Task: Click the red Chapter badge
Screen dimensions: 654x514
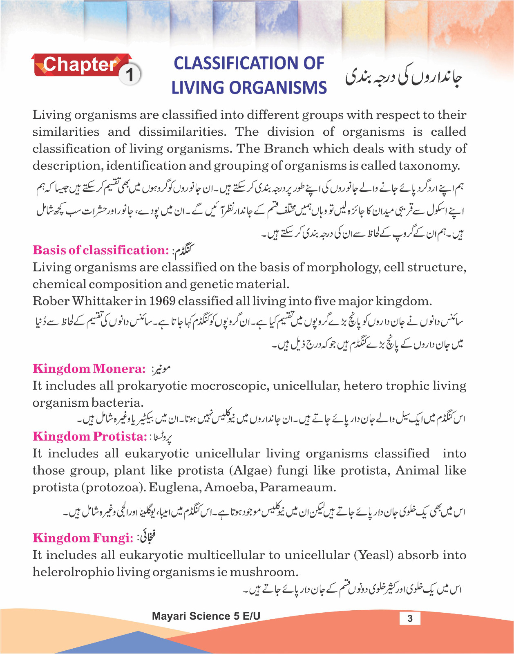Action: [x=80, y=65]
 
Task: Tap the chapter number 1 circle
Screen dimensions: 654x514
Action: [x=130, y=75]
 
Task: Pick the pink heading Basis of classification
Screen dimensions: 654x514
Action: [x=101, y=250]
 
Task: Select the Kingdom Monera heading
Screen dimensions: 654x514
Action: [x=89, y=369]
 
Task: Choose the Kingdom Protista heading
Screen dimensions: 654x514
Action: [x=89, y=437]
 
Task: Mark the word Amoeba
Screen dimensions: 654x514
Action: [x=230, y=488]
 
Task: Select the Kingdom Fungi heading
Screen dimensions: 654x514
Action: [x=83, y=538]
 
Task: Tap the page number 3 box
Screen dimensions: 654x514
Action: [x=410, y=618]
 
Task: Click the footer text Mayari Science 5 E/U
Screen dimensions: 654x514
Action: [x=206, y=616]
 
